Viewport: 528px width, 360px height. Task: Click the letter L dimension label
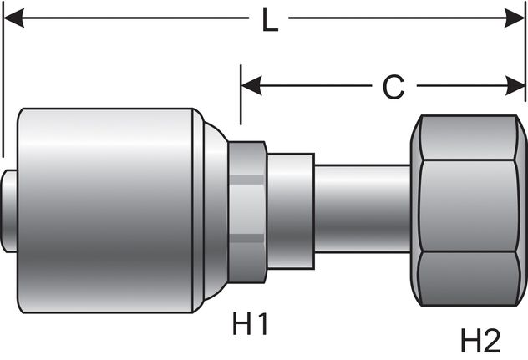269,20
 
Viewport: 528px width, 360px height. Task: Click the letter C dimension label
393,87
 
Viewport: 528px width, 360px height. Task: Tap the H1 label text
251,322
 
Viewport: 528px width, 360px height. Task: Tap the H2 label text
480,340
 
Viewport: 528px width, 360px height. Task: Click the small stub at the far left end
10,210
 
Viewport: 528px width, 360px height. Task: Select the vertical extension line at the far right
523,67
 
